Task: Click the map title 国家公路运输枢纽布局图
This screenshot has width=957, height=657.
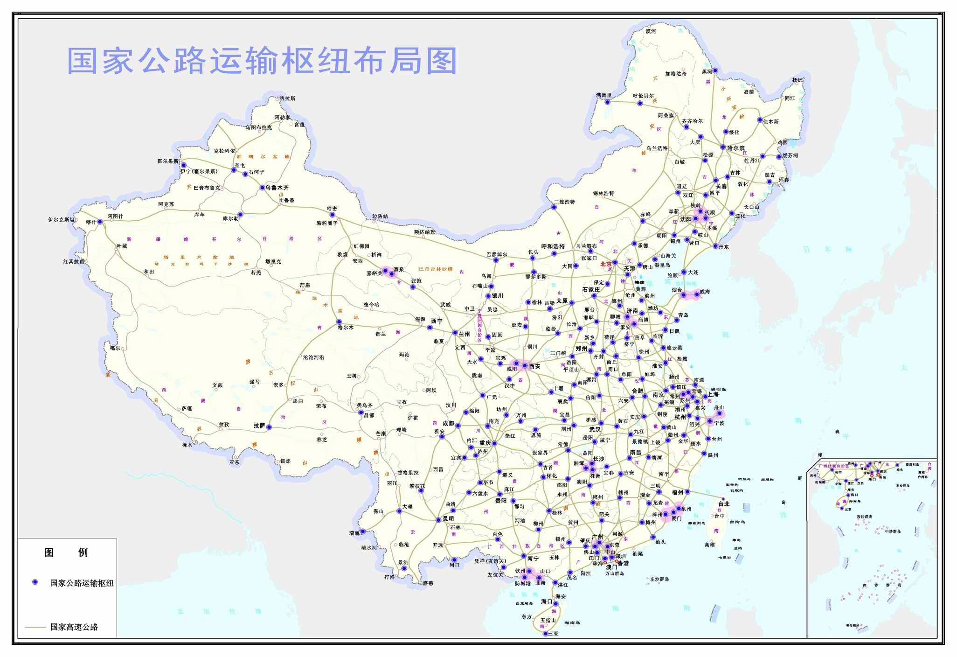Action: click(x=262, y=61)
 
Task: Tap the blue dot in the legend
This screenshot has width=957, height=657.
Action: click(x=35, y=582)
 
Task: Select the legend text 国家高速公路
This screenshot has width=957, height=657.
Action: click(x=74, y=627)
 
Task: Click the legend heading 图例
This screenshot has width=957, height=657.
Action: click(x=66, y=552)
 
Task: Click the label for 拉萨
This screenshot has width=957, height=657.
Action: click(x=259, y=426)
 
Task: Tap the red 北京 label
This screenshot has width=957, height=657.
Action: click(x=606, y=264)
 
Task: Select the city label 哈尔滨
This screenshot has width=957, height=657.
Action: click(x=736, y=148)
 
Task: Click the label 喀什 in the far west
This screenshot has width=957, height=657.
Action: click(x=91, y=222)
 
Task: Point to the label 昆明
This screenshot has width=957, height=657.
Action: click(x=448, y=518)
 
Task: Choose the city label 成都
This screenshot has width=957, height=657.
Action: click(x=448, y=423)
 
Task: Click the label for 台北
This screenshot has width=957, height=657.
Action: click(x=724, y=504)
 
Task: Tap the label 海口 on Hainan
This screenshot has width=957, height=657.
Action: click(x=547, y=601)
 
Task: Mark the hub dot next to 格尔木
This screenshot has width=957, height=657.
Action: click(x=339, y=322)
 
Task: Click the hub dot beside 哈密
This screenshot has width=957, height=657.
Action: click(x=333, y=215)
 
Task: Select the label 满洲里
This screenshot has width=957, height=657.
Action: click(x=604, y=95)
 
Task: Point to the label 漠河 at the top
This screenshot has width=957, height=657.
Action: click(x=651, y=31)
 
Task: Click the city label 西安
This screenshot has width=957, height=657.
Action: click(x=534, y=366)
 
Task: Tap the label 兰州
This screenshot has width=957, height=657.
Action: click(x=464, y=334)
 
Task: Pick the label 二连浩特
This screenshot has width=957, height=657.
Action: click(x=564, y=202)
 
